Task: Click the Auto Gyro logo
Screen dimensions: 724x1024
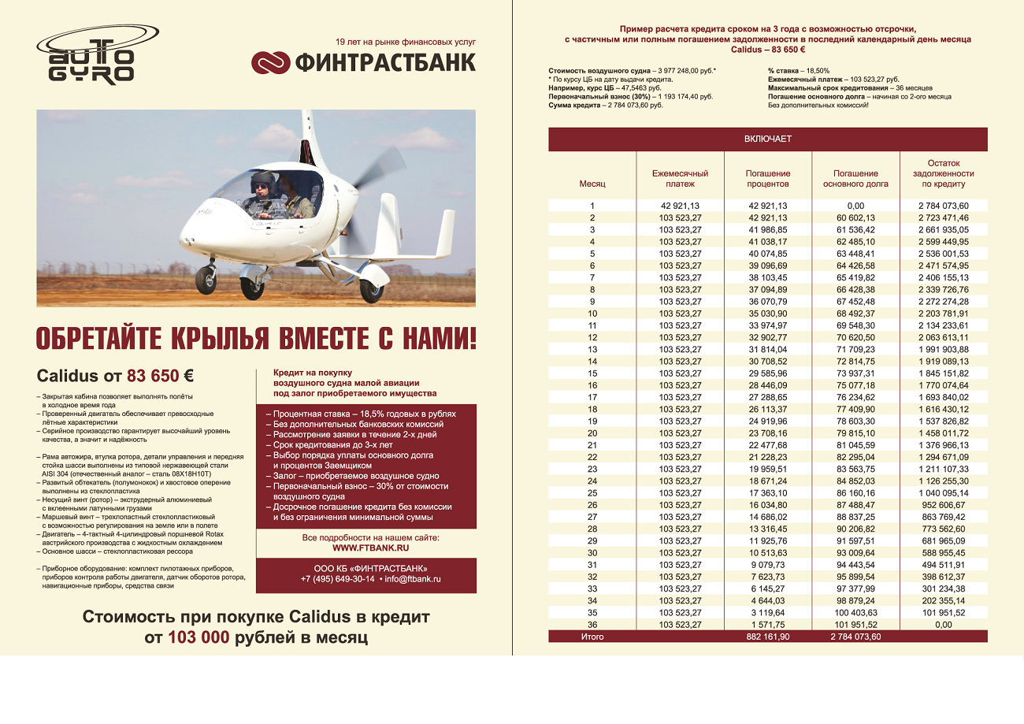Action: pyautogui.click(x=87, y=57)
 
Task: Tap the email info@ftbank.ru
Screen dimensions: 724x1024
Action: pyautogui.click(x=413, y=578)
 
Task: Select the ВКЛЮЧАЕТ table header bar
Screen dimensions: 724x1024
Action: pyautogui.click(x=767, y=139)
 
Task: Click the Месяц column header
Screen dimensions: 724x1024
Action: pyautogui.click(x=592, y=184)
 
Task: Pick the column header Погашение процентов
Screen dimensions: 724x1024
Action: pyautogui.click(x=767, y=178)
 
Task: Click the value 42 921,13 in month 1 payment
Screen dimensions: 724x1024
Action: pyautogui.click(x=680, y=206)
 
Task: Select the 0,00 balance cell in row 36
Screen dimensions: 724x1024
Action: pyautogui.click(x=943, y=625)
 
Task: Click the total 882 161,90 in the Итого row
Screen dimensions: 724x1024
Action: pyautogui.click(x=767, y=637)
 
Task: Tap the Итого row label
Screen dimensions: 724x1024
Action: pyautogui.click(x=592, y=637)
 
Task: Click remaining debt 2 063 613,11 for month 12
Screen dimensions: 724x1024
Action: pyautogui.click(x=943, y=337)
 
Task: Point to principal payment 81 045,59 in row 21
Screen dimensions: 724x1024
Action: pyautogui.click(x=855, y=445)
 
